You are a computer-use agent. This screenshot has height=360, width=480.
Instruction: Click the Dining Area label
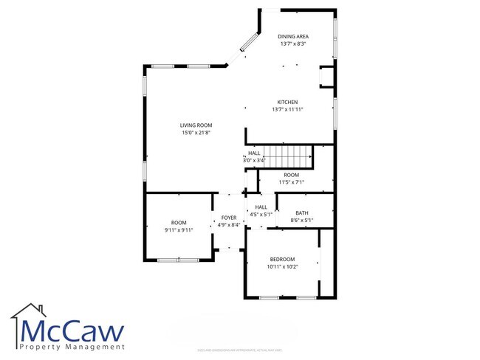(293, 36)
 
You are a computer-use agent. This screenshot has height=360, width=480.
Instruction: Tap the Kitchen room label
(287, 102)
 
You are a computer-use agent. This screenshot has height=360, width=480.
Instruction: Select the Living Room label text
(196, 125)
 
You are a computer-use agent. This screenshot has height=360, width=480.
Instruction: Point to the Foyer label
(229, 218)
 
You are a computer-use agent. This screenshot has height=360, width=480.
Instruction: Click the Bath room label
(302, 212)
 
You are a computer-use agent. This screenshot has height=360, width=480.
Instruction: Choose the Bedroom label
(282, 259)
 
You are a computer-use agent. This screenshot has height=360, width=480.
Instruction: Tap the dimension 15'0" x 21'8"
(196, 133)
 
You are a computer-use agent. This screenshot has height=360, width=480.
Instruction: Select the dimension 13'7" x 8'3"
(293, 44)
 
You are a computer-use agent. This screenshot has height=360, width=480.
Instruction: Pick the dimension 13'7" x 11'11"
(288, 109)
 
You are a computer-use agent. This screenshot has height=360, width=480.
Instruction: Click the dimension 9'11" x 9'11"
(179, 229)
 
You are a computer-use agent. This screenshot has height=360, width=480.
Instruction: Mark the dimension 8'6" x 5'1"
(302, 220)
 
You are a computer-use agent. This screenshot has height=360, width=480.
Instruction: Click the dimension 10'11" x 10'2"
(282, 266)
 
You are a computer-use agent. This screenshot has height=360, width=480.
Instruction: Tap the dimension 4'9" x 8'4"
(229, 225)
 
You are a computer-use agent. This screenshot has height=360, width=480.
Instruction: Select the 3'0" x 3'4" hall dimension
(254, 160)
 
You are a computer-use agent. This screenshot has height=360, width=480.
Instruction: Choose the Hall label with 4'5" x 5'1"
(261, 207)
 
